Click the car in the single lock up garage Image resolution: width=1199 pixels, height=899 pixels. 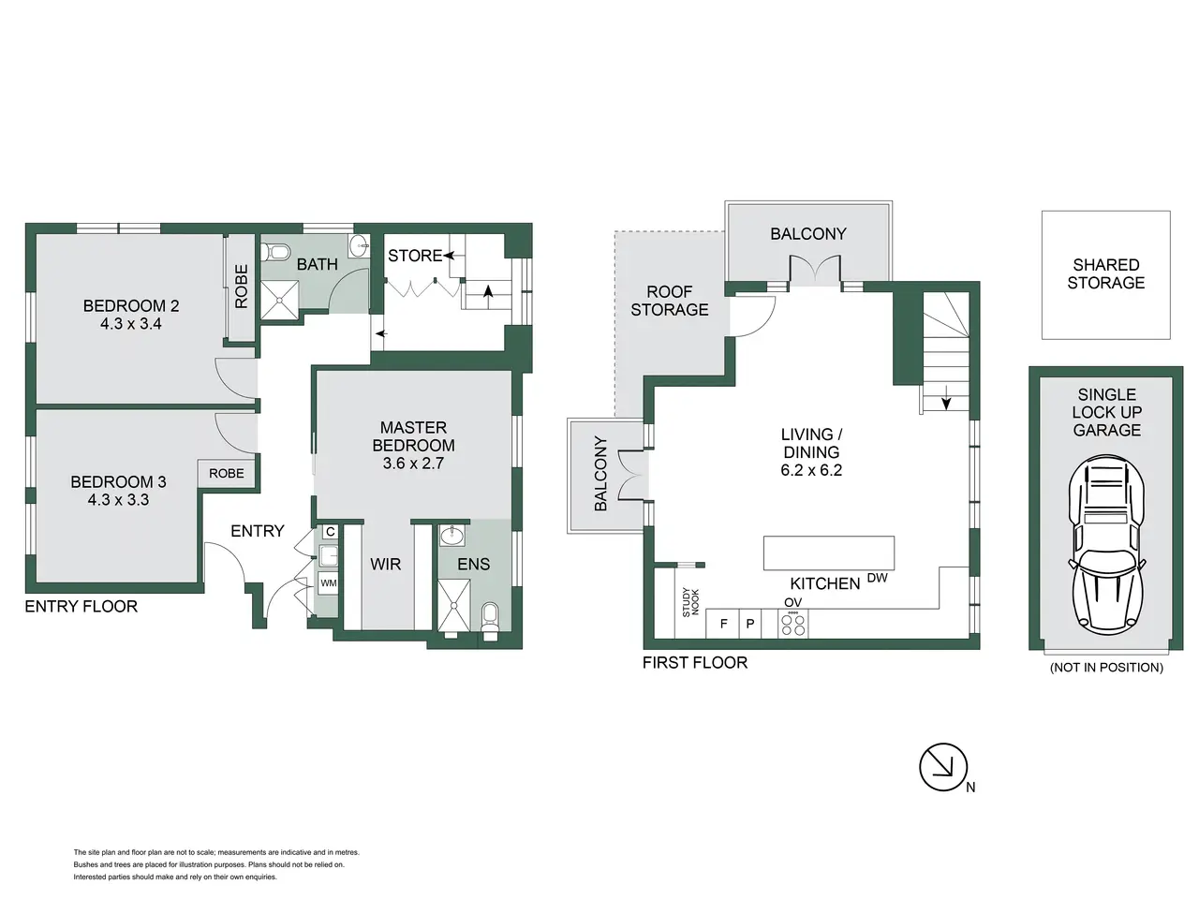pos(1106,545)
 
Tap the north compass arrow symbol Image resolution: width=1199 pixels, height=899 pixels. pos(943,767)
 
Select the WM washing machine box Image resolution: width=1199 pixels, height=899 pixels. pos(328,583)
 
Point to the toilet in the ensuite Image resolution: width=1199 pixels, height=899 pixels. pos(490,620)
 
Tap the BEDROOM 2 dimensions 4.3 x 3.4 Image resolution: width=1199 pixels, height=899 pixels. pos(130,324)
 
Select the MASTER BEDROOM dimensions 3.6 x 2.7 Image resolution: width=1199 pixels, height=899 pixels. pos(413,464)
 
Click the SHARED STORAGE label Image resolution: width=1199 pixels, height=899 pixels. pos(1105,273)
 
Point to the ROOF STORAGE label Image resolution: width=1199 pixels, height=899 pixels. pos(669,301)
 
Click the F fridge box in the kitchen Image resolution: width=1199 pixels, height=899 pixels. pos(723,624)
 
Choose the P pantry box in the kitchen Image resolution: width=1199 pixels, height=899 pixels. pos(750,624)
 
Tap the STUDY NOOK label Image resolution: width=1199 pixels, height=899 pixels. pos(690,602)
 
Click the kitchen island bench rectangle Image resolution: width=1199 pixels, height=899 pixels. pos(829,553)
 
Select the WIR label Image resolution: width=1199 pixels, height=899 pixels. pos(386,564)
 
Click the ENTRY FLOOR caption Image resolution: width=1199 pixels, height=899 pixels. pos(81,607)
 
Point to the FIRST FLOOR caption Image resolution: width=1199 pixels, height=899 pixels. pos(695,663)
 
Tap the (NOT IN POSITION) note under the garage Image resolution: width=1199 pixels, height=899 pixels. pos(1106,667)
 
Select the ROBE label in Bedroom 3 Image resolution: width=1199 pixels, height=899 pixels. pos(227,473)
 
